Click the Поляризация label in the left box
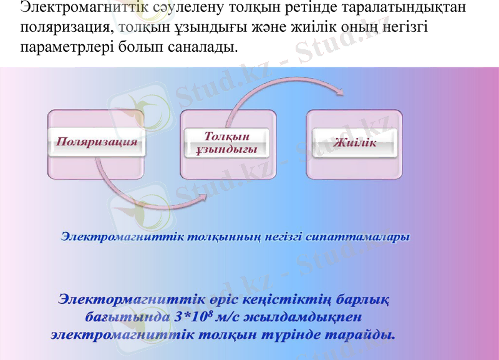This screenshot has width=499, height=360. tap(97, 142)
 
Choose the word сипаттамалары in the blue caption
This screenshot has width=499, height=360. tap(360, 237)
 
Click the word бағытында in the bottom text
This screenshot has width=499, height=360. tap(120, 316)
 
